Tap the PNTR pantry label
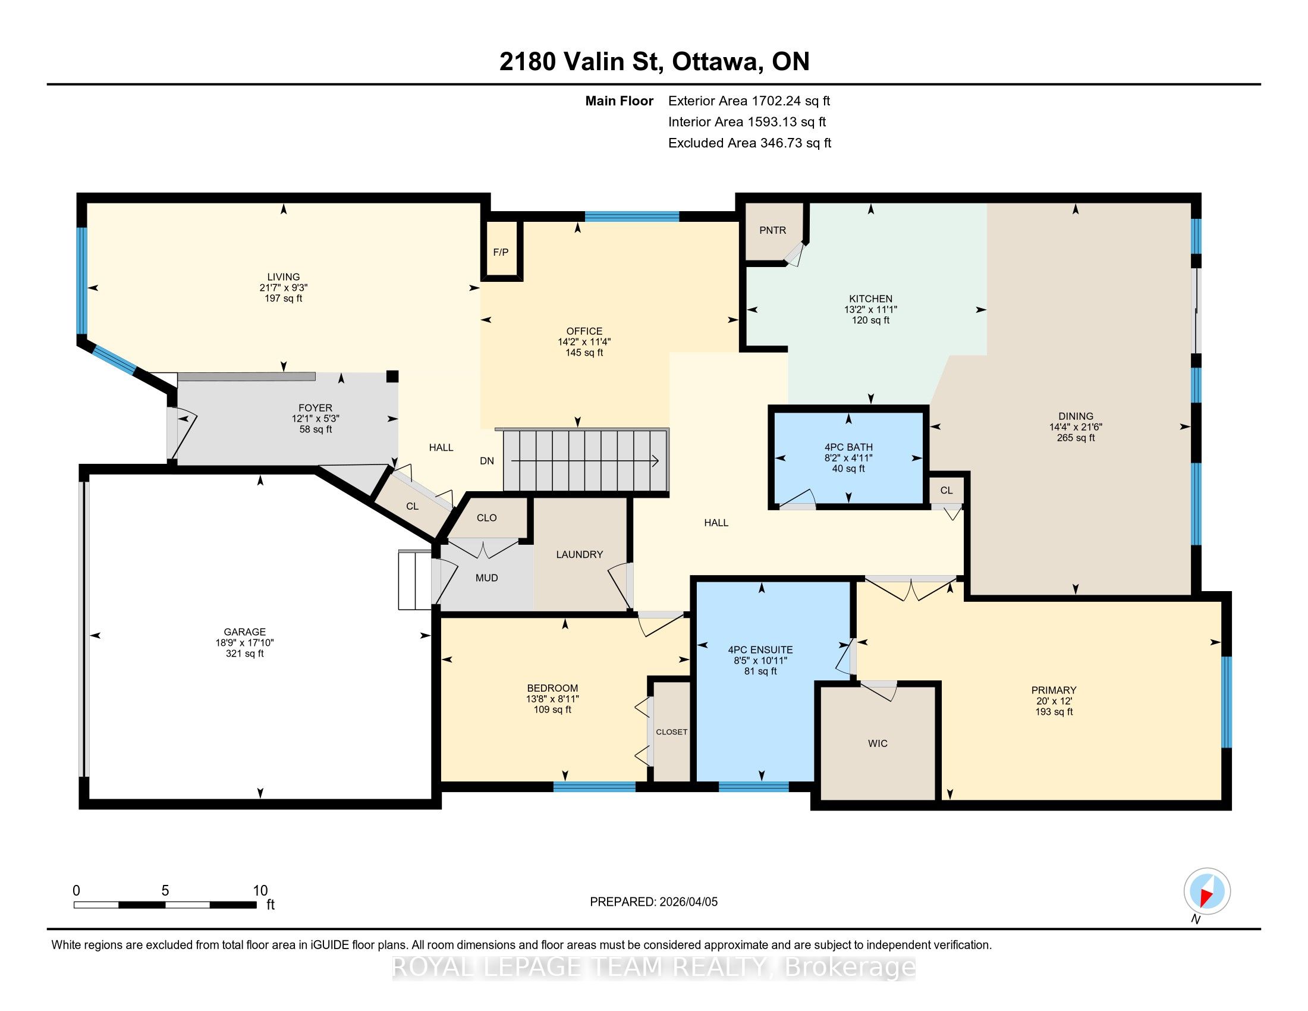772,230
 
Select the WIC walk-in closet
878,743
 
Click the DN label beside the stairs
487,460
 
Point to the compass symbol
1207,891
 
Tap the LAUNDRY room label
579,555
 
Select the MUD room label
487,578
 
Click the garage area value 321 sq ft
244,654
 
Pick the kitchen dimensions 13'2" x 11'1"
871,310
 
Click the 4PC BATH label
848,447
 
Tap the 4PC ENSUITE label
760,650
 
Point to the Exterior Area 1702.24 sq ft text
749,101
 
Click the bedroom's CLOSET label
671,732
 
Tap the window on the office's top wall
632,217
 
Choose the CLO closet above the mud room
487,517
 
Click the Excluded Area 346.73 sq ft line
750,143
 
